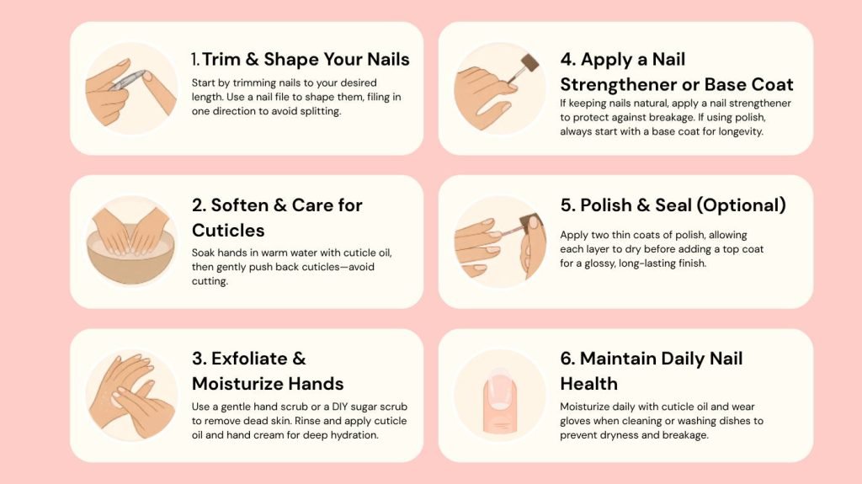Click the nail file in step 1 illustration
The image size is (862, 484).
(128, 80)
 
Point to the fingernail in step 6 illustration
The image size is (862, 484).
(499, 391)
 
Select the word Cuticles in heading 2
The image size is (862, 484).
(228, 230)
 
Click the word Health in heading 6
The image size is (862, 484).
(588, 383)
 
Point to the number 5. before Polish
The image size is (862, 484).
(567, 205)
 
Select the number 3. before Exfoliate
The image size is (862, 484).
(199, 359)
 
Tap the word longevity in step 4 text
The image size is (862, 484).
(740, 131)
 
